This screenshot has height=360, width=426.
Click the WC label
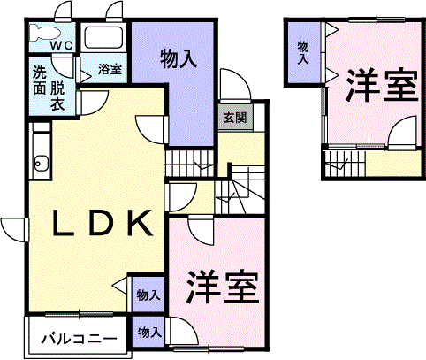(x=62, y=45)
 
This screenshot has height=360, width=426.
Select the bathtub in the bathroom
(x=103, y=37)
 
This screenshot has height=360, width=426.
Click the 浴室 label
(x=110, y=69)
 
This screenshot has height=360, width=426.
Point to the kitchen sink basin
(x=38, y=163)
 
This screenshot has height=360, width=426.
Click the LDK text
(x=103, y=223)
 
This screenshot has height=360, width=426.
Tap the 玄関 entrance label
(x=235, y=118)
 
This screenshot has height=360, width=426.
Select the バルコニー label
(x=79, y=340)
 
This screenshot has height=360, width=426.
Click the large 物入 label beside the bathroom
(x=179, y=59)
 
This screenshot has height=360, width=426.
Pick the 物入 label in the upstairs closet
(x=303, y=52)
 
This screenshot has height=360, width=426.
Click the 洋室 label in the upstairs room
(x=382, y=86)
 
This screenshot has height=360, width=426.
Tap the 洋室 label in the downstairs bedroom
(x=223, y=287)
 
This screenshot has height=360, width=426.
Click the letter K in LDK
(x=141, y=223)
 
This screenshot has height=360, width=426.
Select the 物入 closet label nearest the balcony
(x=150, y=333)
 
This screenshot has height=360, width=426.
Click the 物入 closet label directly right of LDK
(x=148, y=295)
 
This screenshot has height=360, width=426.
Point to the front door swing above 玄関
(x=235, y=84)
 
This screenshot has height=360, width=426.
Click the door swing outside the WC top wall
(x=63, y=10)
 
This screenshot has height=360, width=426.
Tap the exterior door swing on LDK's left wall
(x=14, y=230)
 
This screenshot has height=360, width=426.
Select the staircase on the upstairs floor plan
(x=345, y=164)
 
